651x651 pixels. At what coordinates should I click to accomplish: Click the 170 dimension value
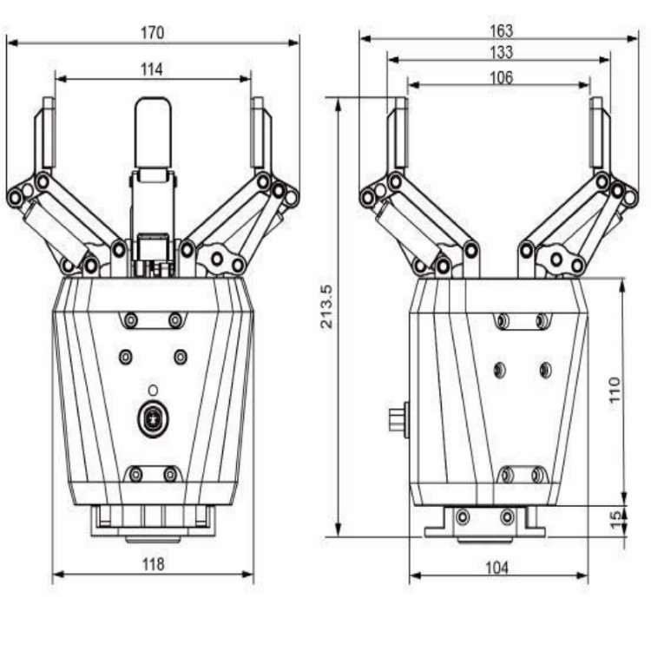(152, 33)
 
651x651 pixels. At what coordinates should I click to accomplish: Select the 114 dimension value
(152, 69)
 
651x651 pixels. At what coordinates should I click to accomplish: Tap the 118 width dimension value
(153, 564)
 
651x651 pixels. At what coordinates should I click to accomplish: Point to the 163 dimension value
(501, 30)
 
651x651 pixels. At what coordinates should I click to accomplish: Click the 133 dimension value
(501, 53)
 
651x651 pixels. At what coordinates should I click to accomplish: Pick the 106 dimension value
(501, 77)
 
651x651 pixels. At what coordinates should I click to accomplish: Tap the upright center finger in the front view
(154, 135)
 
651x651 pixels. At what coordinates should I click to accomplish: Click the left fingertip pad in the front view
(45, 135)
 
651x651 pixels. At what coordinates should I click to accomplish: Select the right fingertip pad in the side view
(598, 135)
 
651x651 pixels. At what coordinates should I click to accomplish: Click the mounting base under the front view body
(153, 523)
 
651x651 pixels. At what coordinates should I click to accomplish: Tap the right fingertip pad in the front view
(259, 135)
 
